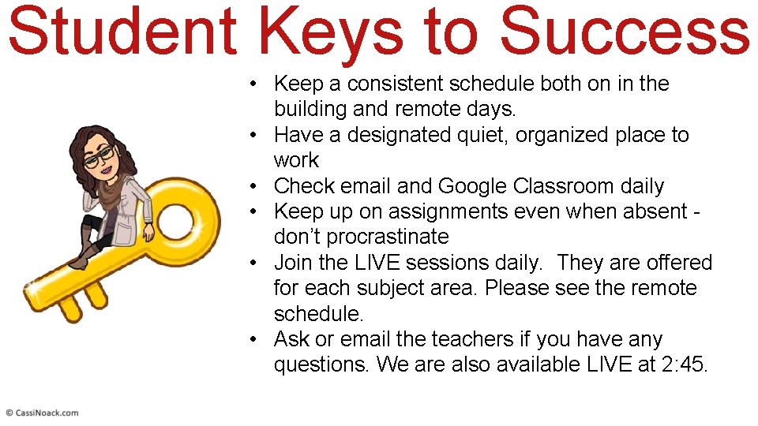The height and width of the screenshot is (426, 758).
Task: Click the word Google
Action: click(472, 186)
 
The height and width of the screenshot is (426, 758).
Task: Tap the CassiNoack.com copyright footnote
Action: click(42, 413)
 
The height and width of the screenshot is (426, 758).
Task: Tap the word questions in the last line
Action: click(321, 365)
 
